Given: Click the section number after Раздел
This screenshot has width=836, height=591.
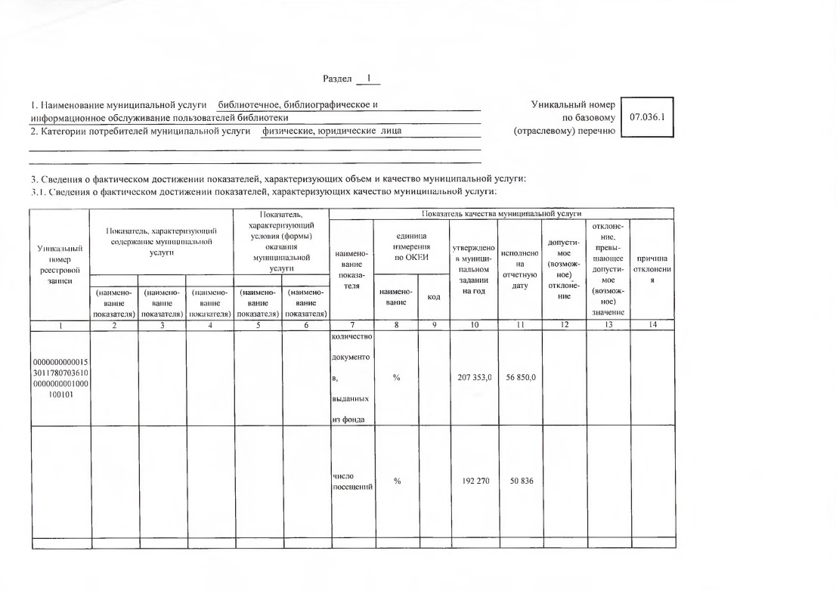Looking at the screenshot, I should click(x=369, y=78).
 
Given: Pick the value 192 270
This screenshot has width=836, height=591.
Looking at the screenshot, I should click(x=472, y=481).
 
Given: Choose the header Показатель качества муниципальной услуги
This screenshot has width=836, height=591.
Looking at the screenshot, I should click(x=503, y=214).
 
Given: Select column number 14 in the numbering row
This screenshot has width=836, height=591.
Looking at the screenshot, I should click(x=652, y=326).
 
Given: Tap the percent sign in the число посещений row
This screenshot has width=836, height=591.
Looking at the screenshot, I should click(x=396, y=481).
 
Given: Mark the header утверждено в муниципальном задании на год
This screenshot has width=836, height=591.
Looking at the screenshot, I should click(x=472, y=268).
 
